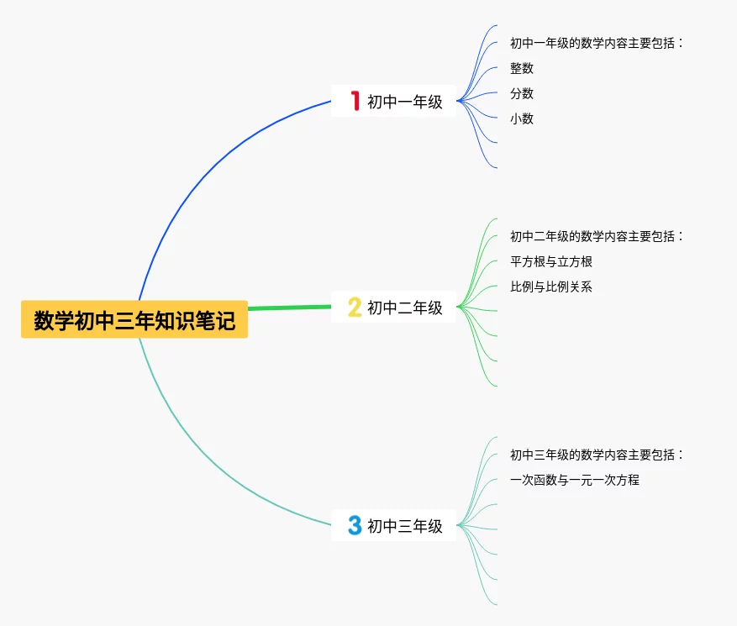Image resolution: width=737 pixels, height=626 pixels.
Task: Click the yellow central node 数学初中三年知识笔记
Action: (134, 320)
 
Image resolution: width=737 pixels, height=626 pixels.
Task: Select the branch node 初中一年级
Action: (404, 102)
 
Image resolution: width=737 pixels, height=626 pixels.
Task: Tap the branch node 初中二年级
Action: (404, 308)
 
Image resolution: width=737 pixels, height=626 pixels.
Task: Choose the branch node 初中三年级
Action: (404, 526)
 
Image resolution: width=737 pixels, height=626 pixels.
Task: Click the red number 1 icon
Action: (355, 102)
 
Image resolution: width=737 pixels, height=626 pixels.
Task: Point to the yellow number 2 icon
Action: (355, 308)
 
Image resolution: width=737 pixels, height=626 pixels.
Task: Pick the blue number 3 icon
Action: (355, 526)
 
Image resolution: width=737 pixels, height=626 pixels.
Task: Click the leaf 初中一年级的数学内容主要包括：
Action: (596, 43)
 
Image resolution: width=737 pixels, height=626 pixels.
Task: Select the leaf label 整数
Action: (522, 68)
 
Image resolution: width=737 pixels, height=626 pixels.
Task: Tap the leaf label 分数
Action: (522, 93)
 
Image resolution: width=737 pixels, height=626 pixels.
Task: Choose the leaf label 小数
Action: (522, 118)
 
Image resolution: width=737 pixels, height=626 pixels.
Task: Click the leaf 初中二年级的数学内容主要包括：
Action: (596, 236)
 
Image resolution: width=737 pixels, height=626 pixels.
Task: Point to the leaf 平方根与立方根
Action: (551, 261)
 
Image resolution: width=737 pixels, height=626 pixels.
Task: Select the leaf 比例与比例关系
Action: (551, 287)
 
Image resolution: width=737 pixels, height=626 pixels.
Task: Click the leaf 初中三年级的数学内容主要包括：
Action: (596, 455)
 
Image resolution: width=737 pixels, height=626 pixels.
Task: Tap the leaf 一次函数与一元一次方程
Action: (575, 480)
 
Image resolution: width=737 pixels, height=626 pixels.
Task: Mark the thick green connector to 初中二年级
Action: (290, 308)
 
